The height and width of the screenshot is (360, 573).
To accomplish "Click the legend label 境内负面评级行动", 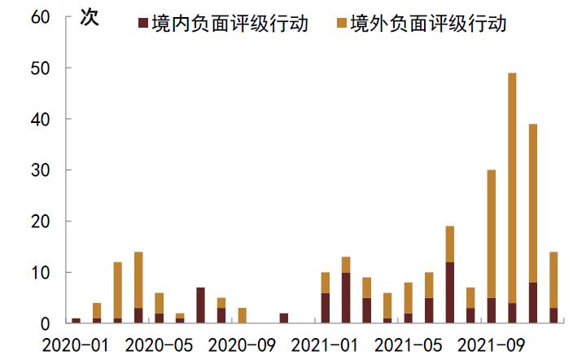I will [x=230, y=24].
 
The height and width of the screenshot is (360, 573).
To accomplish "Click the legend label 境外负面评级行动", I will [x=428, y=24].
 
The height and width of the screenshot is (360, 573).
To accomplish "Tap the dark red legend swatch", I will [x=144, y=24].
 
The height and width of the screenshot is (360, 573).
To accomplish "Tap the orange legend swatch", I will [x=342, y=24].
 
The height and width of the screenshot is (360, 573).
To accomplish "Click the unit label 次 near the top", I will [x=87, y=18].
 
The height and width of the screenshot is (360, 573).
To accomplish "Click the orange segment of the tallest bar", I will [x=512, y=187].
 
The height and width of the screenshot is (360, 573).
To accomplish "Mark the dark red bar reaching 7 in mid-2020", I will [x=201, y=305].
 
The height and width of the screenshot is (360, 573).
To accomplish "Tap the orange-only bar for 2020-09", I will [x=243, y=315].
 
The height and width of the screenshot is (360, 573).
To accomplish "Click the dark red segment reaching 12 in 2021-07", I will [x=450, y=292].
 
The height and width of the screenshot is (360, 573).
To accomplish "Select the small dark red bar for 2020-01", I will [x=77, y=320].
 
